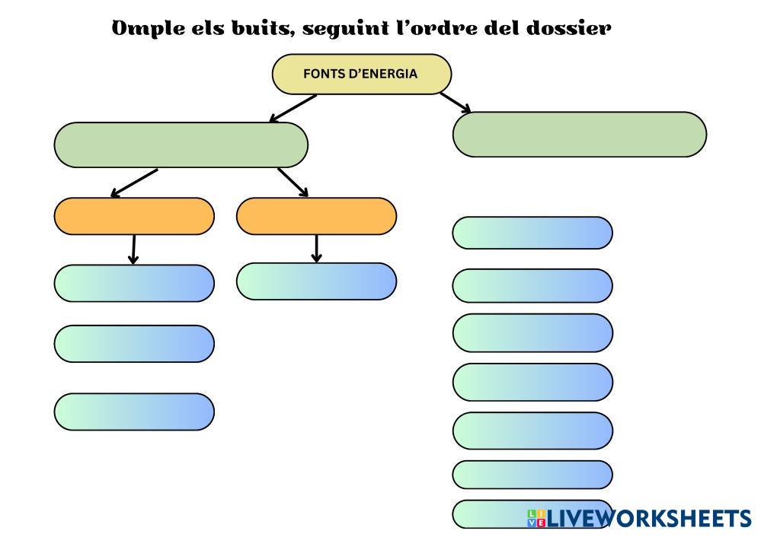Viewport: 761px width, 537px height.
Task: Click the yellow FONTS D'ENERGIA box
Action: [362, 74]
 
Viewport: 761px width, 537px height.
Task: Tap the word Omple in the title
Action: [148, 29]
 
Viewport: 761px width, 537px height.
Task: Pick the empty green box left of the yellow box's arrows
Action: [181, 145]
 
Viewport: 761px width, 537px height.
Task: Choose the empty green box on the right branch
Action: [580, 134]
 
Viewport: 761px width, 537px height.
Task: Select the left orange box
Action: [134, 216]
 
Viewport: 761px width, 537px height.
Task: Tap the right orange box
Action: [316, 216]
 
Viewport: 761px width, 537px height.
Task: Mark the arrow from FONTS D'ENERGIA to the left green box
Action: [293, 108]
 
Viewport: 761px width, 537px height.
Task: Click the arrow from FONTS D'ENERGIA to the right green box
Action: [456, 102]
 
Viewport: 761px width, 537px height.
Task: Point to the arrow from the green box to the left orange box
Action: [134, 183]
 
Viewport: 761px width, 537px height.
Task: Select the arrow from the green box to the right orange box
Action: [293, 183]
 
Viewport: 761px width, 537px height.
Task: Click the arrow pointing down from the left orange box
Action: [133, 249]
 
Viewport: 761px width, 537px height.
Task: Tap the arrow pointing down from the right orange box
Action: [316, 249]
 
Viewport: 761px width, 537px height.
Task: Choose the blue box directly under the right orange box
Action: [316, 281]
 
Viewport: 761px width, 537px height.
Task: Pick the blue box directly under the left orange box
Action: [134, 284]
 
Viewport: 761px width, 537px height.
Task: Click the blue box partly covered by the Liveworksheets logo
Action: [532, 514]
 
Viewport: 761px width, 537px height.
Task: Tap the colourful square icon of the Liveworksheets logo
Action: [536, 518]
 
